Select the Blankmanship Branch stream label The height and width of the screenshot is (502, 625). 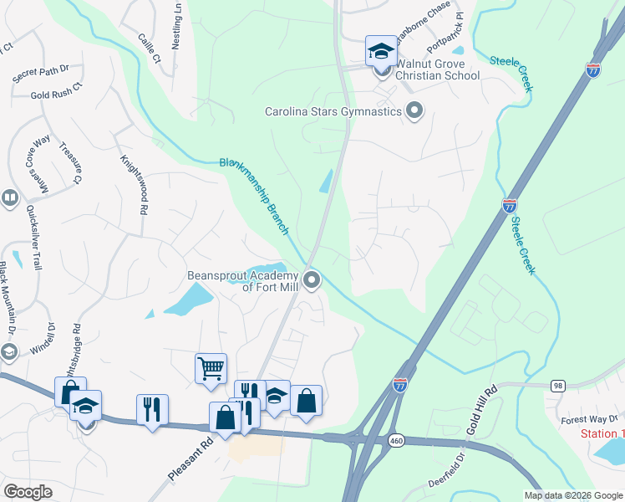pos(254,195)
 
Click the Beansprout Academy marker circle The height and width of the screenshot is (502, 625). pos(312,279)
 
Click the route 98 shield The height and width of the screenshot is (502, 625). pos(557,385)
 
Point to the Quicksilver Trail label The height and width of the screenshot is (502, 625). pos(33,238)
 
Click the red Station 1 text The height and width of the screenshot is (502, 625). pos(602,433)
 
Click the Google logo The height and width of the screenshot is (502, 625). pos(28,492)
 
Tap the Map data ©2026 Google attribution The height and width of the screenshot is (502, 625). pos(572,495)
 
